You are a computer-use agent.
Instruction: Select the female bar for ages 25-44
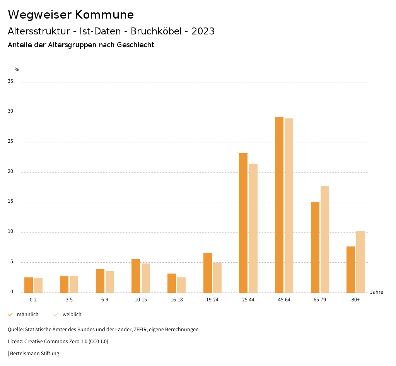click(x=253, y=228)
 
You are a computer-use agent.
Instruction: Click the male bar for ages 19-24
click(x=208, y=272)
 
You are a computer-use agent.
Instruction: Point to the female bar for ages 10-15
click(x=146, y=278)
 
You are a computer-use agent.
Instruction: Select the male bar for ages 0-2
click(x=29, y=285)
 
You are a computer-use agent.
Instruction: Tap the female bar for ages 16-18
click(x=181, y=285)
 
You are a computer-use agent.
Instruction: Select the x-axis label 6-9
click(x=105, y=300)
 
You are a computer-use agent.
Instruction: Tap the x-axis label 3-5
click(x=69, y=300)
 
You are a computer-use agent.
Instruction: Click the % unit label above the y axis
click(x=17, y=70)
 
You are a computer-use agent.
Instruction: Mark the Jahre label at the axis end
click(x=376, y=292)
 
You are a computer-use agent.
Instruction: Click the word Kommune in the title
click(x=104, y=15)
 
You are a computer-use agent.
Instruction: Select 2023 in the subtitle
click(x=203, y=31)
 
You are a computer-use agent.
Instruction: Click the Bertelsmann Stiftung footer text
click(x=34, y=354)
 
